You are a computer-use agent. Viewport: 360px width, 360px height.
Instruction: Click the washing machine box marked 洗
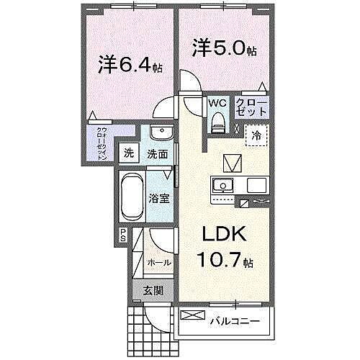[128, 153]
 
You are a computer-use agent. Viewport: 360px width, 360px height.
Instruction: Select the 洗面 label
[158, 153]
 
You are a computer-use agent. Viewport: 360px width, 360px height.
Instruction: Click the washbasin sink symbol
[161, 134]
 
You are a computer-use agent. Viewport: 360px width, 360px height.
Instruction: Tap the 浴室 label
[161, 198]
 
